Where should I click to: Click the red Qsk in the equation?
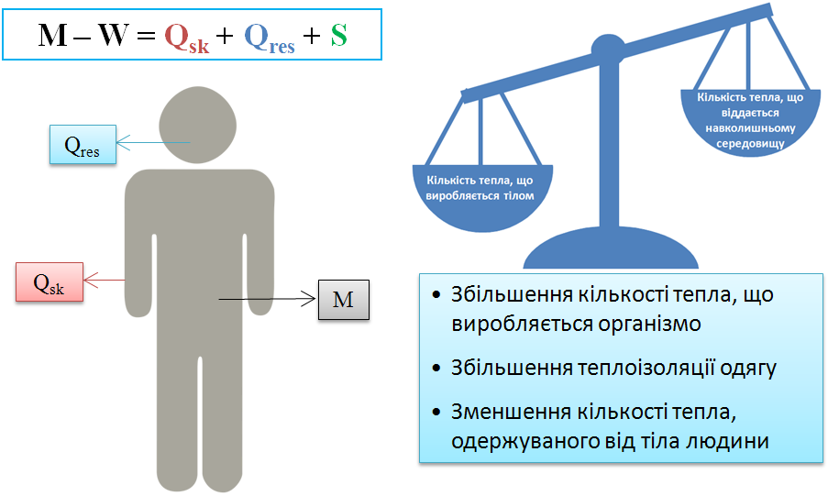(x=187, y=38)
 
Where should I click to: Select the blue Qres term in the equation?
(x=270, y=38)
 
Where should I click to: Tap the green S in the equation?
(x=339, y=36)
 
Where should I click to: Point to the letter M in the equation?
(x=53, y=36)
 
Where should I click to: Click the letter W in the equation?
(x=114, y=36)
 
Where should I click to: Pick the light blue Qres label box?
(x=83, y=145)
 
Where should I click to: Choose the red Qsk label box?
(x=50, y=282)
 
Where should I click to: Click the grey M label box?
(x=344, y=300)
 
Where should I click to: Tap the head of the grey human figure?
(x=197, y=126)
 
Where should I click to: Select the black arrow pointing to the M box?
(x=267, y=299)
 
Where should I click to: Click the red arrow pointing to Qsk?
(x=105, y=280)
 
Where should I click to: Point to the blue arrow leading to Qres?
(x=152, y=143)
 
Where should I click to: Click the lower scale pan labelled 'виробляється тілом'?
(x=482, y=197)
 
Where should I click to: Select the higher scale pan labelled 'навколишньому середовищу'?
(x=750, y=122)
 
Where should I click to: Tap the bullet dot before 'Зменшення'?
(x=436, y=412)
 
